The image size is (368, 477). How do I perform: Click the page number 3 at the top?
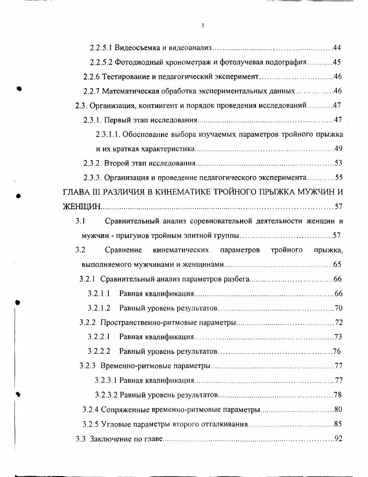point(203,26)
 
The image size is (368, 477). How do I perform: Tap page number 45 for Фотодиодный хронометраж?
point(338,62)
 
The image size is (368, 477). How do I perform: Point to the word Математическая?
point(130,91)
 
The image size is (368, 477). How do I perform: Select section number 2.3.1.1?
point(108,135)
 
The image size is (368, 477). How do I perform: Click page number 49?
point(339,149)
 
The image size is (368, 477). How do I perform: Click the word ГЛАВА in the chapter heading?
point(76,192)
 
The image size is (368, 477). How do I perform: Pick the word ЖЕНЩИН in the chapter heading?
point(81,206)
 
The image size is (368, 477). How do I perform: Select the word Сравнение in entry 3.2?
point(123,250)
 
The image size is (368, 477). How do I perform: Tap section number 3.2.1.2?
point(99,308)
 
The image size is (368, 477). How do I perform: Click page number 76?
point(338,351)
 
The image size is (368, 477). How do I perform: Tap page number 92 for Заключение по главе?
point(339,439)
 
